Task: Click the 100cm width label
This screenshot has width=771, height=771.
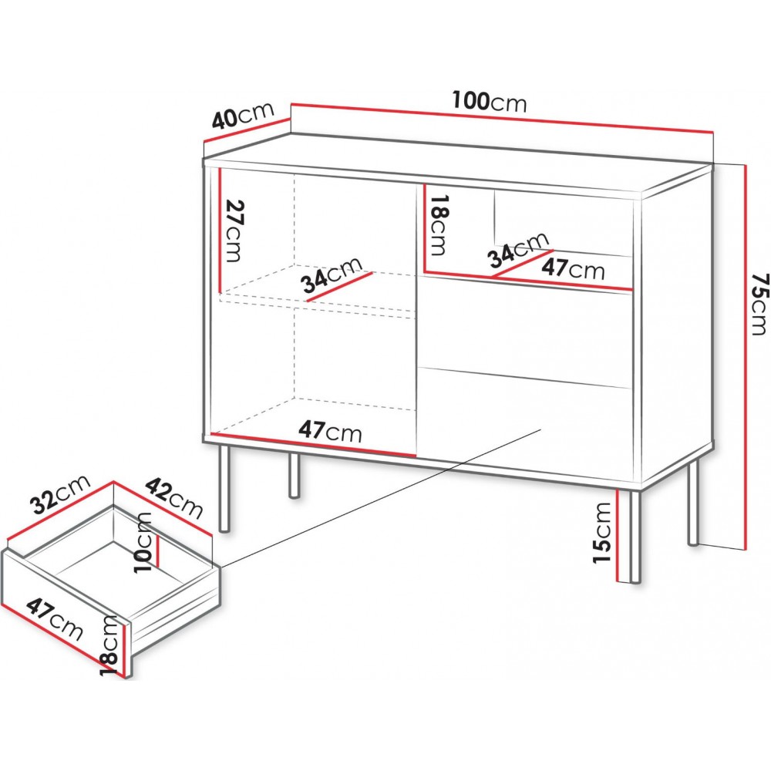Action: tap(490, 103)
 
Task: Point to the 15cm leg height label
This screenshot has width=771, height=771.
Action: tap(602, 533)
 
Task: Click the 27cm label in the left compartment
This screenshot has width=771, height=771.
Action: tap(233, 231)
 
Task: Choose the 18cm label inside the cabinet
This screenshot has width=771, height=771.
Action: tap(437, 224)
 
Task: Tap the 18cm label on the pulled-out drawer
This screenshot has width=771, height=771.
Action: tap(109, 645)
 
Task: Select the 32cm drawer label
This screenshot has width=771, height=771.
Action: tap(60, 493)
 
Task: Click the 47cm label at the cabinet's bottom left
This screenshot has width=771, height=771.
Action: tap(330, 431)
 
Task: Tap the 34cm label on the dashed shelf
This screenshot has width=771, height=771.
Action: tap(332, 275)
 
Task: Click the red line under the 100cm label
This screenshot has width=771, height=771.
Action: tap(502, 118)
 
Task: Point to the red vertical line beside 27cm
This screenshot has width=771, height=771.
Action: tap(220, 230)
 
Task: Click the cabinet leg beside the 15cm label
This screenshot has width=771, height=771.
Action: tap(635, 537)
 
